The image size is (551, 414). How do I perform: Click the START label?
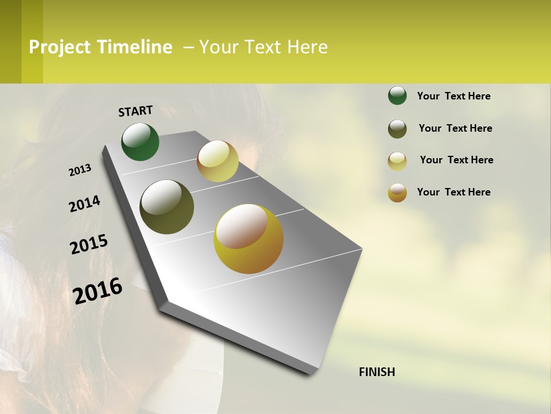pos(135,111)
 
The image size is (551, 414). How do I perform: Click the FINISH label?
pos(377,372)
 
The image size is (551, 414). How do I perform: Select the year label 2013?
pos(80,170)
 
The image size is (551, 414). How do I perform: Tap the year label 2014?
pos(84,204)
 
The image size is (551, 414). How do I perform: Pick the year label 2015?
pos(89,244)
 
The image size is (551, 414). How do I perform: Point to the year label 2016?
pos(98,291)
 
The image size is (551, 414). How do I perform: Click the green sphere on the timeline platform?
pos(140,141)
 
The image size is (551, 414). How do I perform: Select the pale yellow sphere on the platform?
pos(218,161)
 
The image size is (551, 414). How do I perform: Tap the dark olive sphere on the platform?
pos(166,207)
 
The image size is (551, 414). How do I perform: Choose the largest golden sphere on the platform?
pos(249,239)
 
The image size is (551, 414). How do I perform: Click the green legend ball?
pos(397,95)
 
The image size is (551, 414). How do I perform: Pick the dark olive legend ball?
pos(397,129)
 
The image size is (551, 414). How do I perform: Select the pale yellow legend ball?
pos(397,161)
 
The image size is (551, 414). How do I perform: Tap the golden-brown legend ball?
pos(397,193)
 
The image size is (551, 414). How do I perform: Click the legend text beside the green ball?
pos(453,96)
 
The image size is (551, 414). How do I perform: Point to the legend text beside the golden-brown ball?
pos(453,192)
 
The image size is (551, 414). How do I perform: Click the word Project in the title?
pos(60,47)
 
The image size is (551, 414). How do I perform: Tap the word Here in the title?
pos(307,47)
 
